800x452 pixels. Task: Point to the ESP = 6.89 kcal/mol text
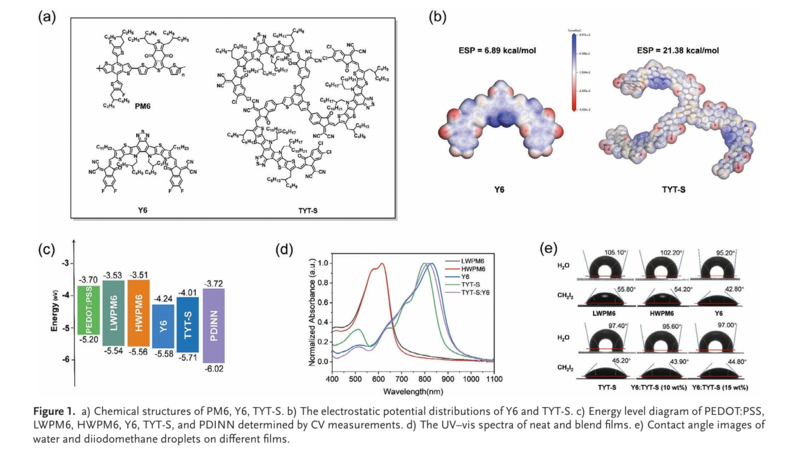pyautogui.click(x=497, y=49)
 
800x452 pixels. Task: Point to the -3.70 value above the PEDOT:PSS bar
pyautogui.click(x=88, y=279)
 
